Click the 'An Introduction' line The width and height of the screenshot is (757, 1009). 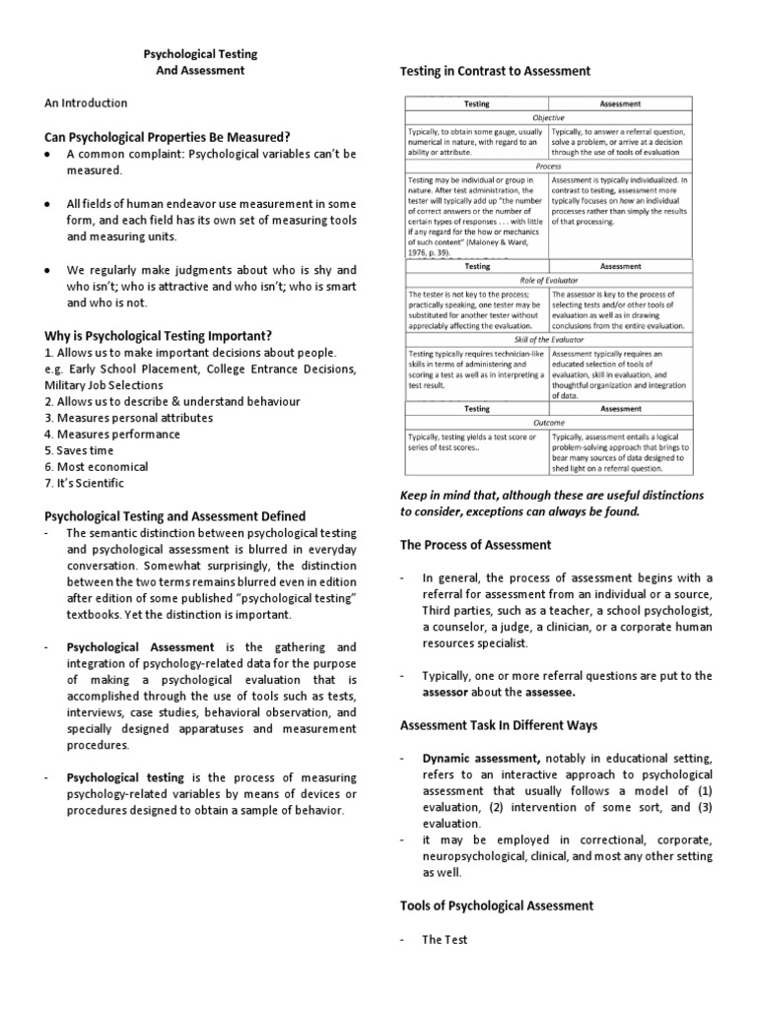pos(86,102)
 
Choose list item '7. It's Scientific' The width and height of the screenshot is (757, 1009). pos(85,484)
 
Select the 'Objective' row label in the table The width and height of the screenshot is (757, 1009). pos(548,117)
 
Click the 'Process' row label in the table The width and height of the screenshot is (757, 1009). pos(548,167)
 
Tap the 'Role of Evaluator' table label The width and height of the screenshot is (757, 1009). pos(548,281)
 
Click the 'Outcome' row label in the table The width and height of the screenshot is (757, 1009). pos(548,422)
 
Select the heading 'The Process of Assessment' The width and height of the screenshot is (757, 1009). pos(475,545)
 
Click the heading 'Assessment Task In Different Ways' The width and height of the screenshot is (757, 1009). pos(498,725)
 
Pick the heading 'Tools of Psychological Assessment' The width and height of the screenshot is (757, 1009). pos(497,905)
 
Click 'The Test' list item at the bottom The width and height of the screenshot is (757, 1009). pos(446,939)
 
